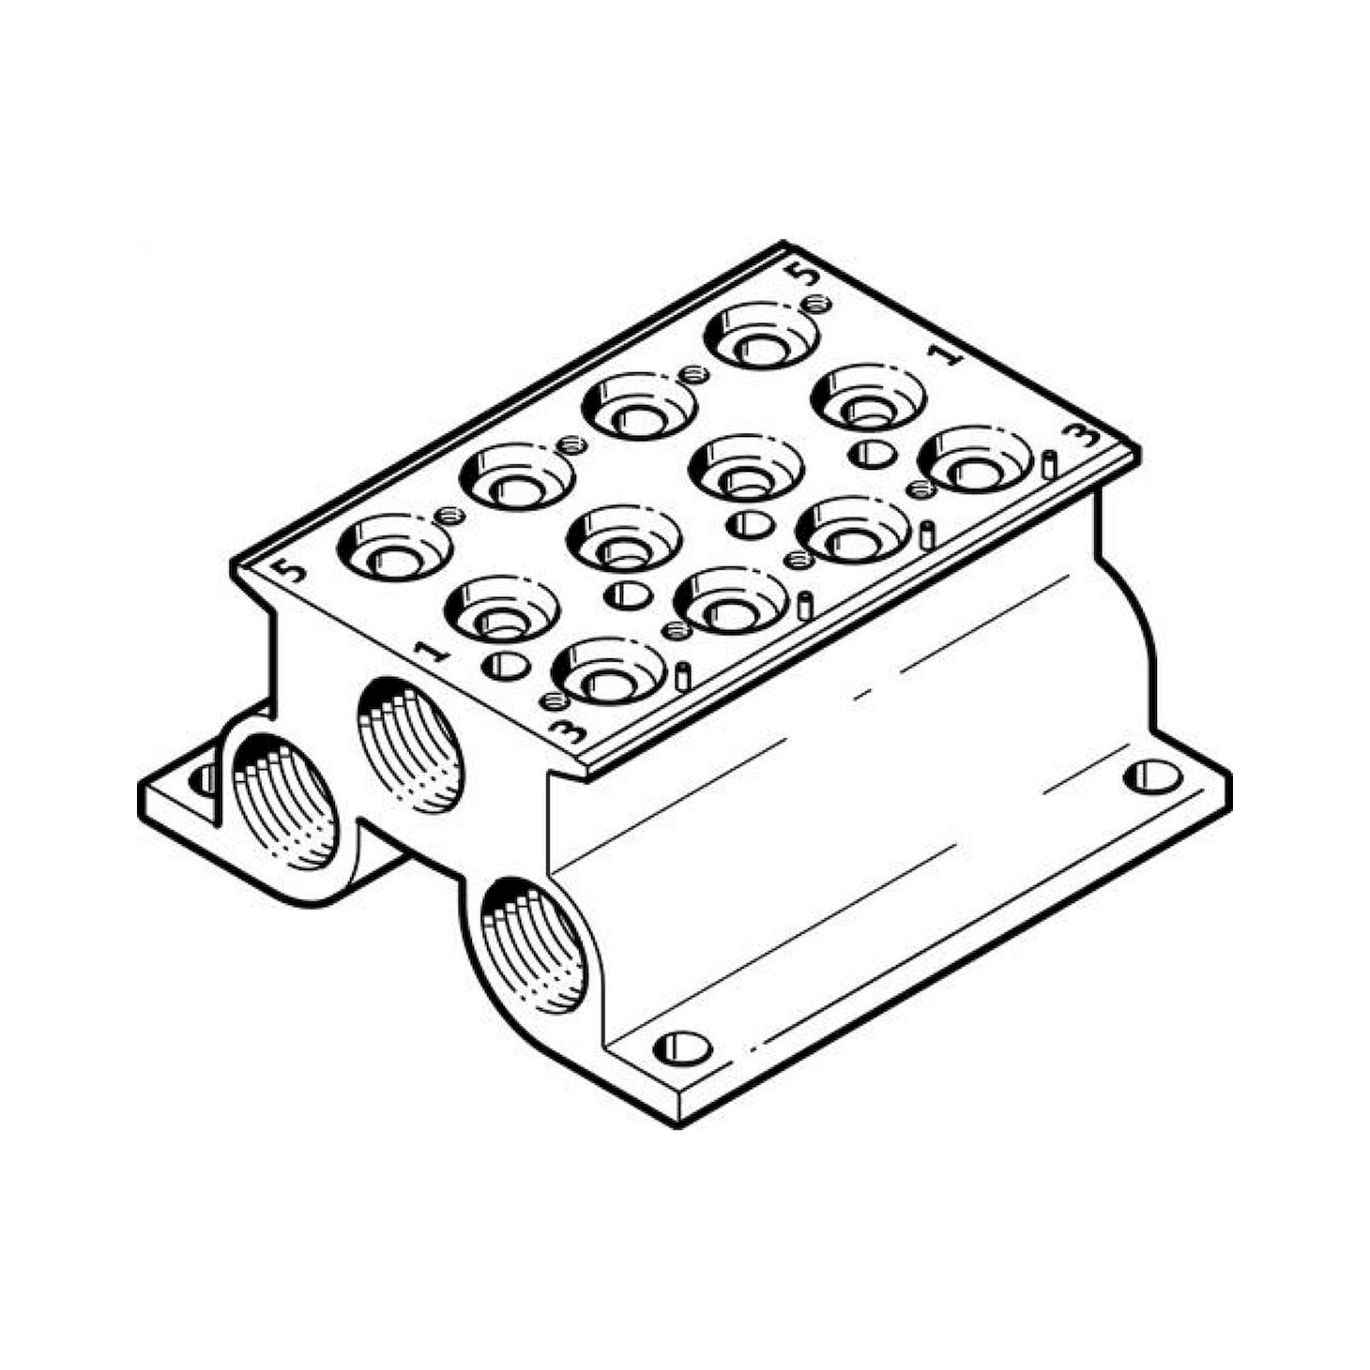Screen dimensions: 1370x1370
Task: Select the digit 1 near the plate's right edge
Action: tap(947, 356)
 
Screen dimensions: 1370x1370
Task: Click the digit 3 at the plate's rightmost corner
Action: tap(1084, 438)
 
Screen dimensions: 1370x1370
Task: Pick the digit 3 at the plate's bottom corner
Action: tap(575, 727)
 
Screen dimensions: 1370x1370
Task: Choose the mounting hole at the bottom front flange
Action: tap(682, 1046)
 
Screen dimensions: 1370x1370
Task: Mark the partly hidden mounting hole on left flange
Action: tap(203, 780)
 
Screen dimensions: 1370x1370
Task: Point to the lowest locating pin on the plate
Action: tap(682, 677)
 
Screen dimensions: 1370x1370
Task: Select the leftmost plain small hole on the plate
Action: tap(506, 664)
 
